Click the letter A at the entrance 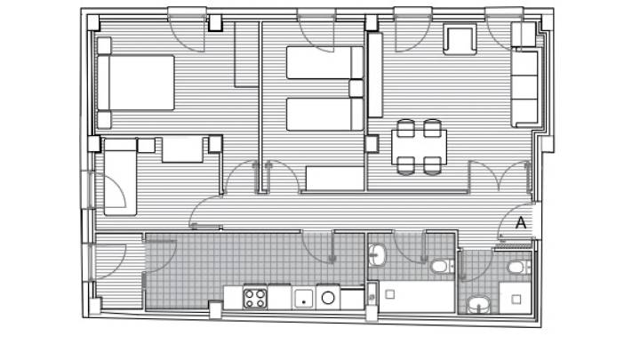(x=520, y=223)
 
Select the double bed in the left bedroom (x=136, y=83)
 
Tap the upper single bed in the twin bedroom (x=324, y=62)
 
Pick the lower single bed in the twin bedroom (x=324, y=115)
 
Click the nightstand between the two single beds (x=356, y=89)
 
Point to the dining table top (x=419, y=147)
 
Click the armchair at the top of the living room (x=460, y=39)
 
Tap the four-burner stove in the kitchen (x=255, y=299)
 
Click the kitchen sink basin (x=304, y=299)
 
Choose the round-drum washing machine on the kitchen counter (x=328, y=298)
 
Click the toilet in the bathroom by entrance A (x=519, y=268)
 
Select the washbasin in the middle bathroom (x=377, y=255)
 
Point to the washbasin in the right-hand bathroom (x=479, y=304)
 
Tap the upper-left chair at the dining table (x=405, y=127)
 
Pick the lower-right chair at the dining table (x=432, y=165)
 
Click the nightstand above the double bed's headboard (x=104, y=45)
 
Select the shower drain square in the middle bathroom (x=390, y=294)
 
